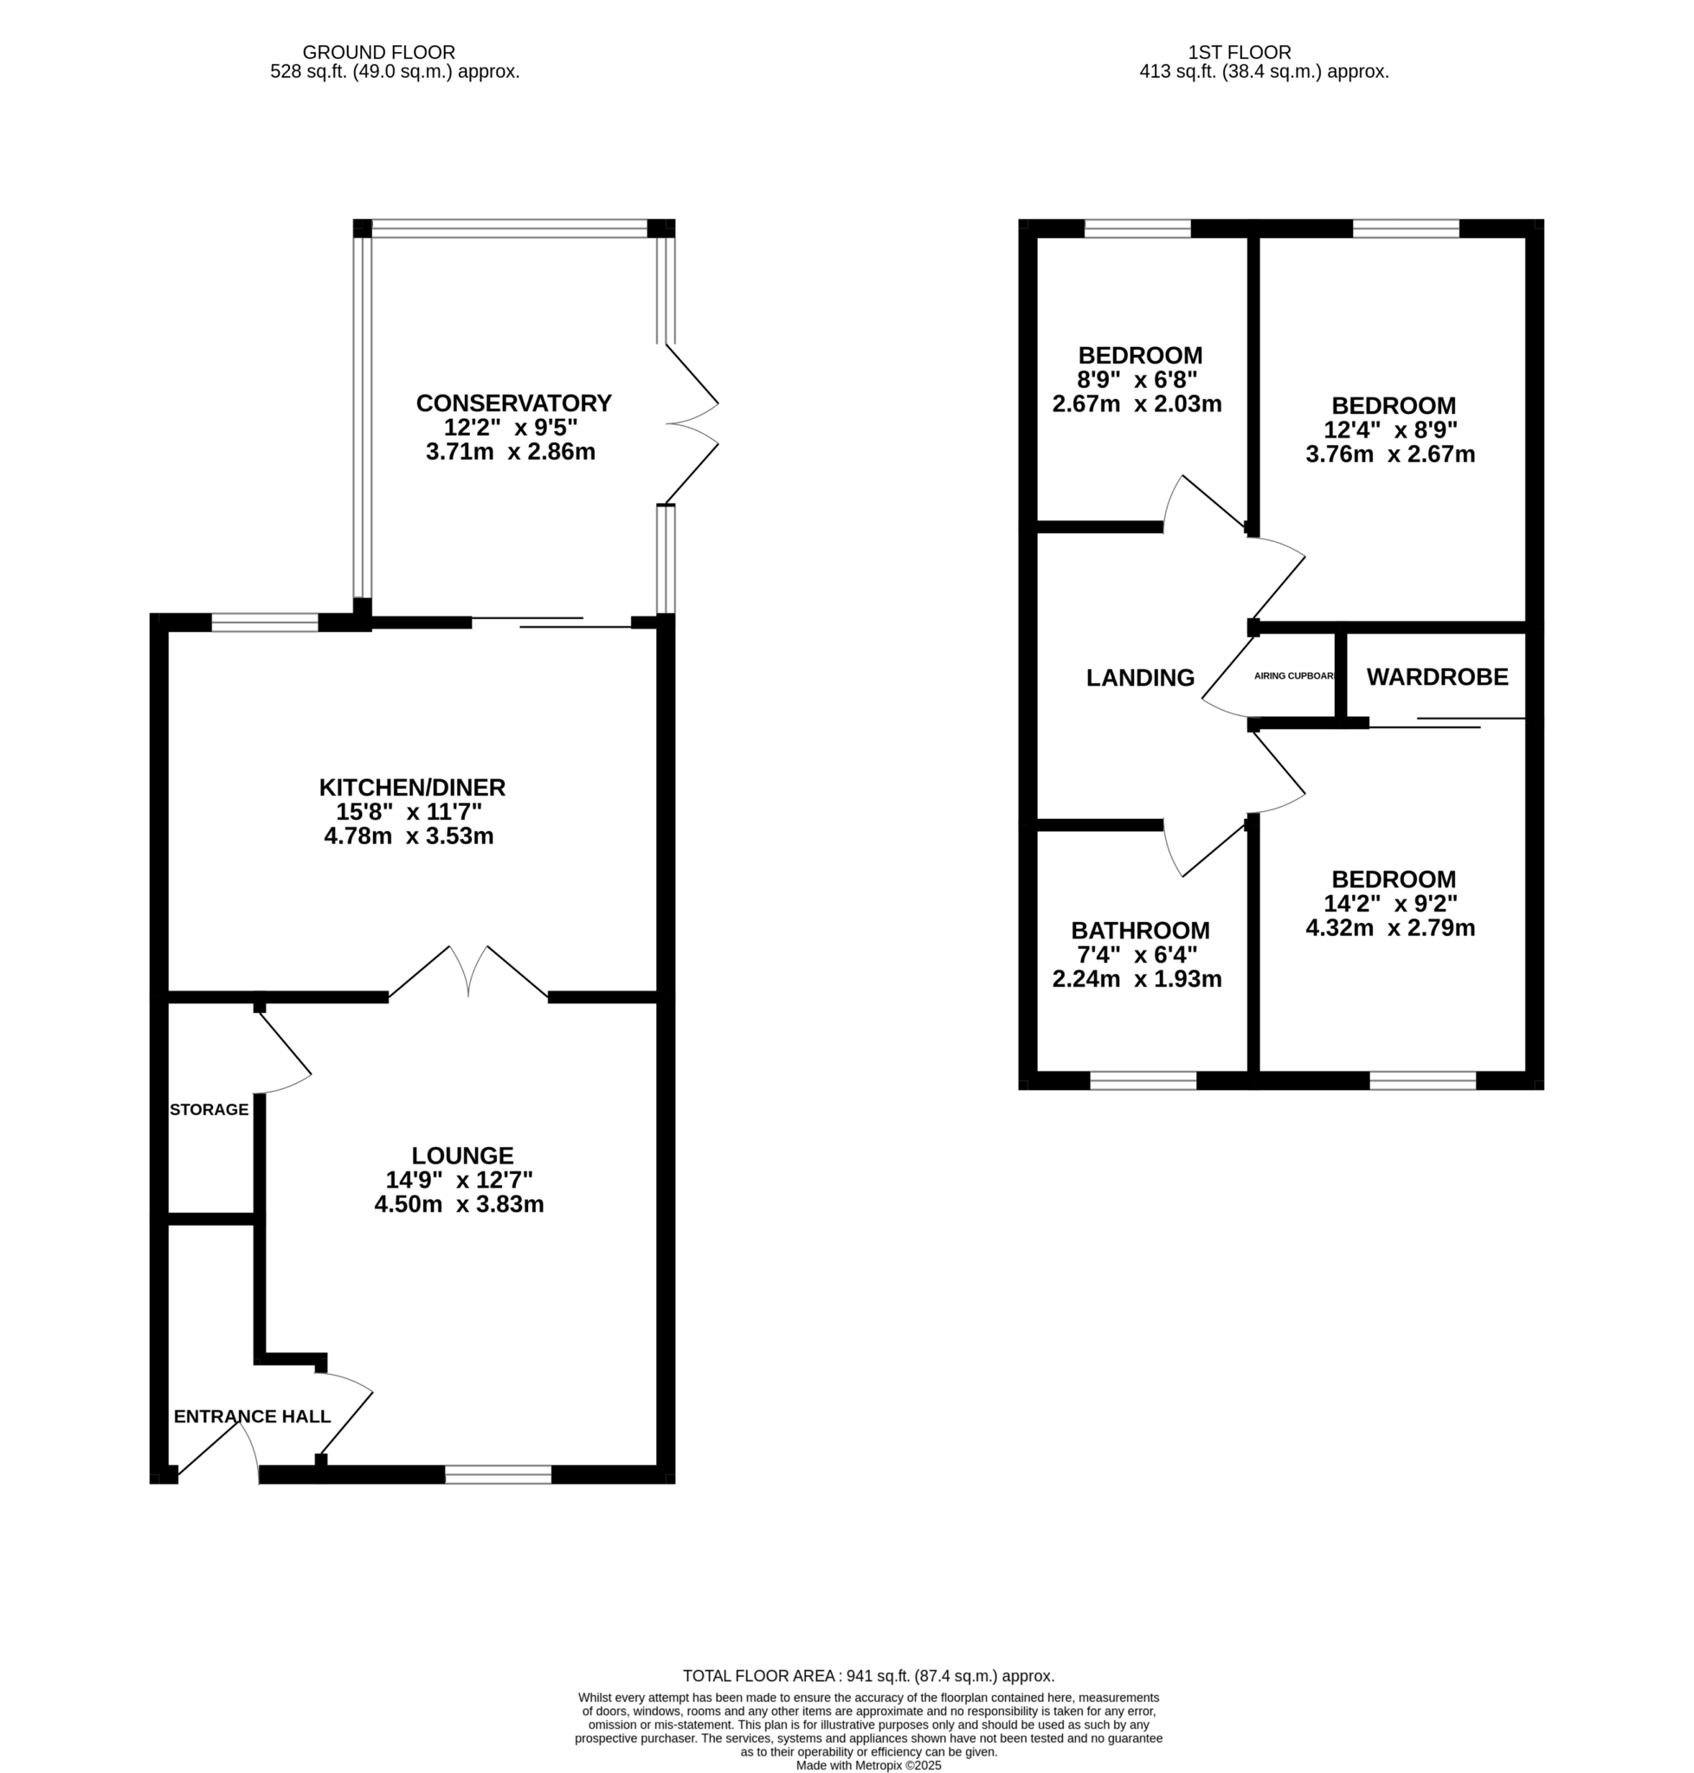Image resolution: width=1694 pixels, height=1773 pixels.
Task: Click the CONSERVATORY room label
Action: pyautogui.click(x=513, y=403)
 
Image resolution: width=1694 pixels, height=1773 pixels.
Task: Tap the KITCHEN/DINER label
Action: pyautogui.click(x=412, y=788)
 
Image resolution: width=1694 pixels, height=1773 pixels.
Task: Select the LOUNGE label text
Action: pyautogui.click(x=462, y=1155)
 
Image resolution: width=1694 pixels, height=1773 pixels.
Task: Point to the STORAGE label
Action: pyautogui.click(x=209, y=1109)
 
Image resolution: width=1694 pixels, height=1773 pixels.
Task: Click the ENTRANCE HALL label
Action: pyautogui.click(x=252, y=1416)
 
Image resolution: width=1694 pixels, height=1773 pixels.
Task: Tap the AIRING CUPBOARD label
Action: pyautogui.click(x=1294, y=675)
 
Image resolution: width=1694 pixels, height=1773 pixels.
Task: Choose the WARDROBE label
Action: pyautogui.click(x=1437, y=676)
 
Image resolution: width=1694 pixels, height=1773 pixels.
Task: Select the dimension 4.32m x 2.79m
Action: pyautogui.click(x=1389, y=927)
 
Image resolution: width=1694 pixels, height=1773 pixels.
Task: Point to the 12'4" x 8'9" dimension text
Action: pyautogui.click(x=1389, y=429)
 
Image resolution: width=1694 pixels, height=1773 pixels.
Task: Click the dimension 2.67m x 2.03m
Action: pyautogui.click(x=1137, y=403)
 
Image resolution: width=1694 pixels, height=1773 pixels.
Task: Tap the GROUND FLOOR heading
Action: pyautogui.click(x=378, y=53)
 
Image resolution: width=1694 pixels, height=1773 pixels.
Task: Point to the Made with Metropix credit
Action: pyautogui.click(x=869, y=1765)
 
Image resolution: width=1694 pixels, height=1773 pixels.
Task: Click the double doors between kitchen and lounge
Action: pyautogui.click(x=468, y=972)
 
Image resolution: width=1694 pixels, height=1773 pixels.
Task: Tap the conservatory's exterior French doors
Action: pyautogui.click(x=692, y=423)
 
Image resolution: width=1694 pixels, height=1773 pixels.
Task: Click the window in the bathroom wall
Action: pyautogui.click(x=1143, y=1080)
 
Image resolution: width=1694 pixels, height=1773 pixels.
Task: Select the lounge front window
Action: pyautogui.click(x=499, y=1475)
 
